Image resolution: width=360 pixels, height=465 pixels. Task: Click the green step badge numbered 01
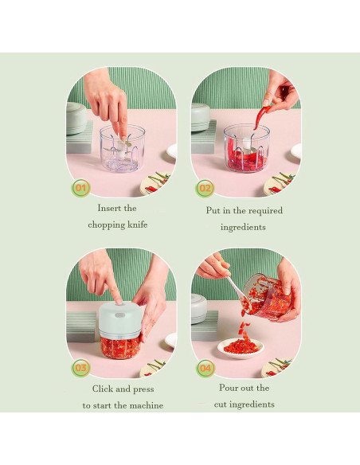[x=80, y=188]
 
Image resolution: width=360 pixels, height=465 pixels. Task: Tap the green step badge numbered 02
[x=205, y=188]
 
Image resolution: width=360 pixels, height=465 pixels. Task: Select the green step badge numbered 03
[x=80, y=368]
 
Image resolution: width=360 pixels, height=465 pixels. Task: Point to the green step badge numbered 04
[x=205, y=369]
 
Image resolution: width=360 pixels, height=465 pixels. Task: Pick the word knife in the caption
[x=137, y=225]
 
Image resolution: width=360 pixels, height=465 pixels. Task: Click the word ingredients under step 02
[x=243, y=228]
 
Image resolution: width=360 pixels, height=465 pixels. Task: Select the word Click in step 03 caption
[x=103, y=389]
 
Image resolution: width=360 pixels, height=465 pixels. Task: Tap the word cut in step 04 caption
[x=221, y=404]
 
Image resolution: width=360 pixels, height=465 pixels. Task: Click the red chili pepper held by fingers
[x=261, y=117]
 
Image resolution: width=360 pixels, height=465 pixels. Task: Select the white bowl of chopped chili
[x=241, y=348]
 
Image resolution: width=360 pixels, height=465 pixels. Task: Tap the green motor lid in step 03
[x=119, y=320]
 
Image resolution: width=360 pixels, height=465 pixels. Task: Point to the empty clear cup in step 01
[x=122, y=148]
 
